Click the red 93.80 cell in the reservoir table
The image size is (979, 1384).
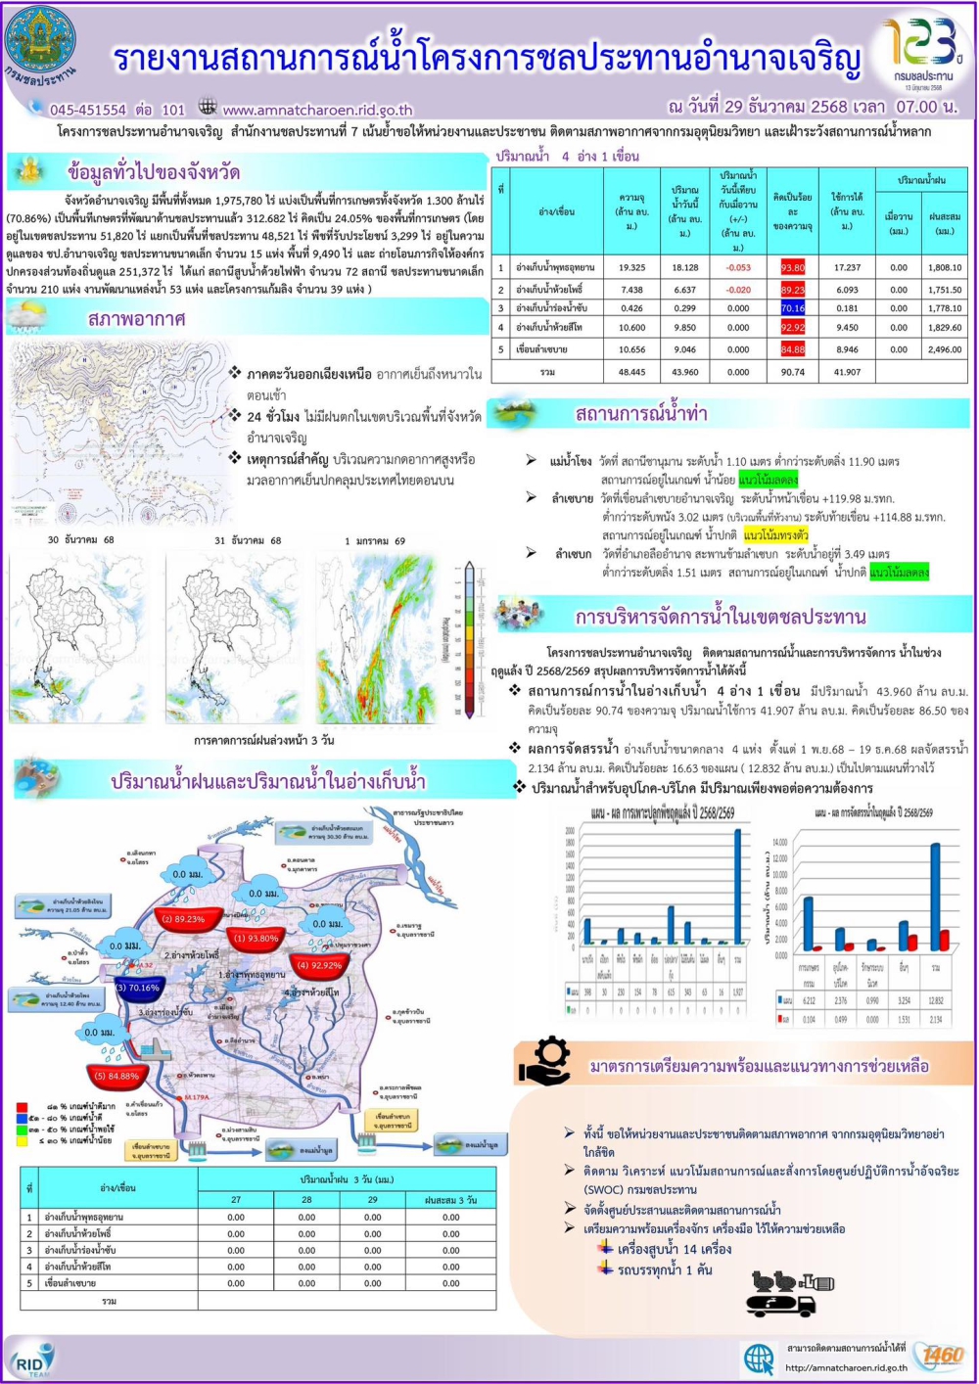[792, 267]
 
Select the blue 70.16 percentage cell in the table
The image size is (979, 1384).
[792, 308]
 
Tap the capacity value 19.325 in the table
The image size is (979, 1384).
[631, 267]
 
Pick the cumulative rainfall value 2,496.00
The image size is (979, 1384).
[944, 349]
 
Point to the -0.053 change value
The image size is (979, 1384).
[738, 267]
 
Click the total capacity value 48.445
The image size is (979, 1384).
[631, 372]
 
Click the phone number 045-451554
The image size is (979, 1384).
[88, 110]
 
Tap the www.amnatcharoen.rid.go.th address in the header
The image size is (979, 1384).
[317, 111]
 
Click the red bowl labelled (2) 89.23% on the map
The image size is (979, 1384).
[184, 919]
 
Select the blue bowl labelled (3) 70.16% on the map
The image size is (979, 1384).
[138, 988]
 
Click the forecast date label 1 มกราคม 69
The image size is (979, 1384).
[375, 540]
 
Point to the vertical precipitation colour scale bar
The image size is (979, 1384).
[470, 636]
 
